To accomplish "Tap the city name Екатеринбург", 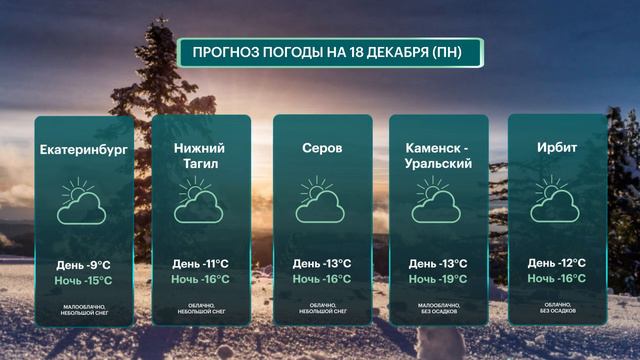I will [x=84, y=151].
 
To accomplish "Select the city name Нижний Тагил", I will [x=200, y=156].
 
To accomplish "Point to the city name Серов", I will [x=322, y=148].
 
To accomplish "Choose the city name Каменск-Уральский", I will [x=438, y=156].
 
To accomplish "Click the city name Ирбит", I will [x=556, y=148].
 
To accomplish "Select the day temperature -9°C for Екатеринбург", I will [x=84, y=264].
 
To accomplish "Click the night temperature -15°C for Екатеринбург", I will [x=84, y=280].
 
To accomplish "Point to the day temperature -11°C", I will [x=200, y=264].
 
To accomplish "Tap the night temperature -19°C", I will [x=438, y=279].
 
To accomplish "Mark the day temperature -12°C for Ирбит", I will [x=556, y=263].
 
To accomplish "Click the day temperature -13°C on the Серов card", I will [x=321, y=264].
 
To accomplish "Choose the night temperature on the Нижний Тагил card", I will [x=200, y=279].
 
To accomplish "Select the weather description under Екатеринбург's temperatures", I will [x=84, y=307].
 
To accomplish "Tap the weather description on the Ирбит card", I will [x=556, y=307].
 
